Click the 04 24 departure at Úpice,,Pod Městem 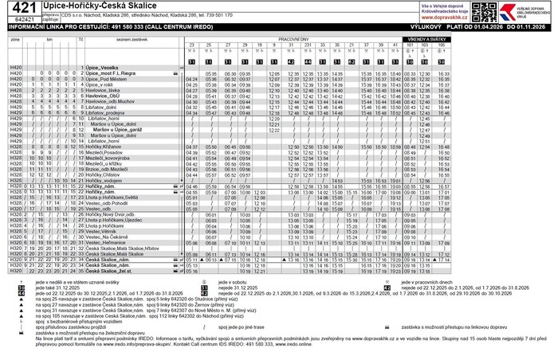tap(191, 80)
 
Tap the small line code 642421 tap(24, 18)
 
